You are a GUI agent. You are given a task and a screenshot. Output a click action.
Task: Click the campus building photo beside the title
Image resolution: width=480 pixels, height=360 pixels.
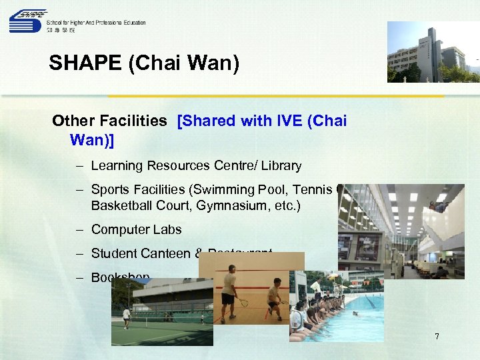pyautogui.click(x=433, y=52)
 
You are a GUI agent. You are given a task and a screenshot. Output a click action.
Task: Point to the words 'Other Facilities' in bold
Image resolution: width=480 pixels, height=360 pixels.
pyautogui.click(x=109, y=121)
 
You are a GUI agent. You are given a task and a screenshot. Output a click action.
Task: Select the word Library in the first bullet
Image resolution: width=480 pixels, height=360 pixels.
pyautogui.click(x=280, y=165)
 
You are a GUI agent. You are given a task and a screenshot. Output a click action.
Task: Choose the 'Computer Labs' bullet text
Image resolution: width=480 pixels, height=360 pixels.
pyautogui.click(x=136, y=229)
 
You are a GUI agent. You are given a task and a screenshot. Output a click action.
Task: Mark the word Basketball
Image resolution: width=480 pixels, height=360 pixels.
pyautogui.click(x=120, y=206)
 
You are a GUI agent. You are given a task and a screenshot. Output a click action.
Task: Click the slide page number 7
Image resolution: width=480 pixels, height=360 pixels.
pyautogui.click(x=437, y=337)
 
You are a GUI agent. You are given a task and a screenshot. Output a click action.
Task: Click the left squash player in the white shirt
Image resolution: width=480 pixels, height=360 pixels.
pyautogui.click(x=229, y=291)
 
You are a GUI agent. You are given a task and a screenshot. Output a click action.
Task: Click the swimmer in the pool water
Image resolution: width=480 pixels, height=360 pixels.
pyautogui.click(x=354, y=313)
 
